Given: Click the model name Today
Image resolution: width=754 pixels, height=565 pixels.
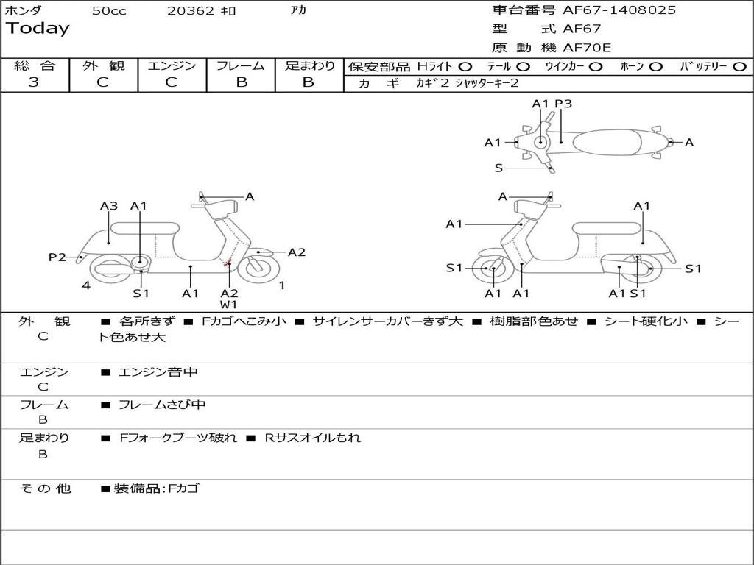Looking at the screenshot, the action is (38, 29).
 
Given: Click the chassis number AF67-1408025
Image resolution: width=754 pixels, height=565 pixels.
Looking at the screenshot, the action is (619, 10).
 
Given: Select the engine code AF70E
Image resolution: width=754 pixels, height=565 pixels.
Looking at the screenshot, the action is (587, 48).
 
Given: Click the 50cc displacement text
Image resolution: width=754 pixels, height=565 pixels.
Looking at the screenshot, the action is (109, 10).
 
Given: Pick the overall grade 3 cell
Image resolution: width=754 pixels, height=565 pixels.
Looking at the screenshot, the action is (34, 82).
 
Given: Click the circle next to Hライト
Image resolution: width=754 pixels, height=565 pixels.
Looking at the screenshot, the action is (465, 67).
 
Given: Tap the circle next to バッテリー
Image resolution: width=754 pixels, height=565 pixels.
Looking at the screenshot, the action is (739, 67).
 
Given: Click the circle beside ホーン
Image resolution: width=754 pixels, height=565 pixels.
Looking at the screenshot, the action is (655, 67).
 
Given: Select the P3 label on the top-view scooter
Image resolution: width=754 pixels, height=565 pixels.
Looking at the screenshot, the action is (563, 104).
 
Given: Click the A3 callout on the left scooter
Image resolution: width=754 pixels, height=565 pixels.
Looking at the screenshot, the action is (109, 206).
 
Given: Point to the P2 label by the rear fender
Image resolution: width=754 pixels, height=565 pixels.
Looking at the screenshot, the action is (57, 257).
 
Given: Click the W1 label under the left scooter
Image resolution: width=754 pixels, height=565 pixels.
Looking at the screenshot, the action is (229, 305).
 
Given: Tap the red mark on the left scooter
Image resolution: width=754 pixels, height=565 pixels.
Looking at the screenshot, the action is (228, 263).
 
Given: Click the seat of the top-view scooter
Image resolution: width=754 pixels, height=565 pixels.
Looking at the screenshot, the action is (607, 142).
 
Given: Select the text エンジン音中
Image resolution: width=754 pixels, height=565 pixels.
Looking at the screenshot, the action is (158, 372).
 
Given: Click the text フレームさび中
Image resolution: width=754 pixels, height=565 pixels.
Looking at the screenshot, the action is (162, 405).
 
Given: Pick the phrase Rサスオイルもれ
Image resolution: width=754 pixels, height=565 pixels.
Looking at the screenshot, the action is (312, 438).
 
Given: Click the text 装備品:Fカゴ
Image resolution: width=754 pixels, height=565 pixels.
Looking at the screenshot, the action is (156, 488).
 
